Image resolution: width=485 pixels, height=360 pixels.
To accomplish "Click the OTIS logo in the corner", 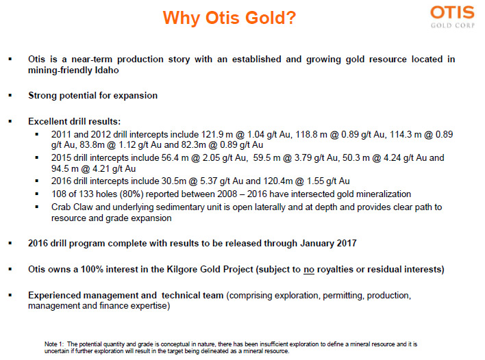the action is [x=452, y=16].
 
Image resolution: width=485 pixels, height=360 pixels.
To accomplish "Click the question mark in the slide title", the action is [x=290, y=18].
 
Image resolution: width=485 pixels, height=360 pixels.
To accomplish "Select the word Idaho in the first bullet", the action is [x=107, y=70].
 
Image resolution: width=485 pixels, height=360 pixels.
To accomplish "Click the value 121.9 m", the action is [x=217, y=134].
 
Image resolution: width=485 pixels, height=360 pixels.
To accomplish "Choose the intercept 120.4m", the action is [x=278, y=181].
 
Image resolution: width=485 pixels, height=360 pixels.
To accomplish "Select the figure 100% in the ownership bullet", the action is [x=92, y=269].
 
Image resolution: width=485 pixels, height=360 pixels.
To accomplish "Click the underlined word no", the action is [x=309, y=270].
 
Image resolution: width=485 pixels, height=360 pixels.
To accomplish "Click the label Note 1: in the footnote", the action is [x=54, y=344].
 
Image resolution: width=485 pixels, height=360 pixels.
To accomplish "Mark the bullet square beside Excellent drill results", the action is [x=10, y=121].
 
